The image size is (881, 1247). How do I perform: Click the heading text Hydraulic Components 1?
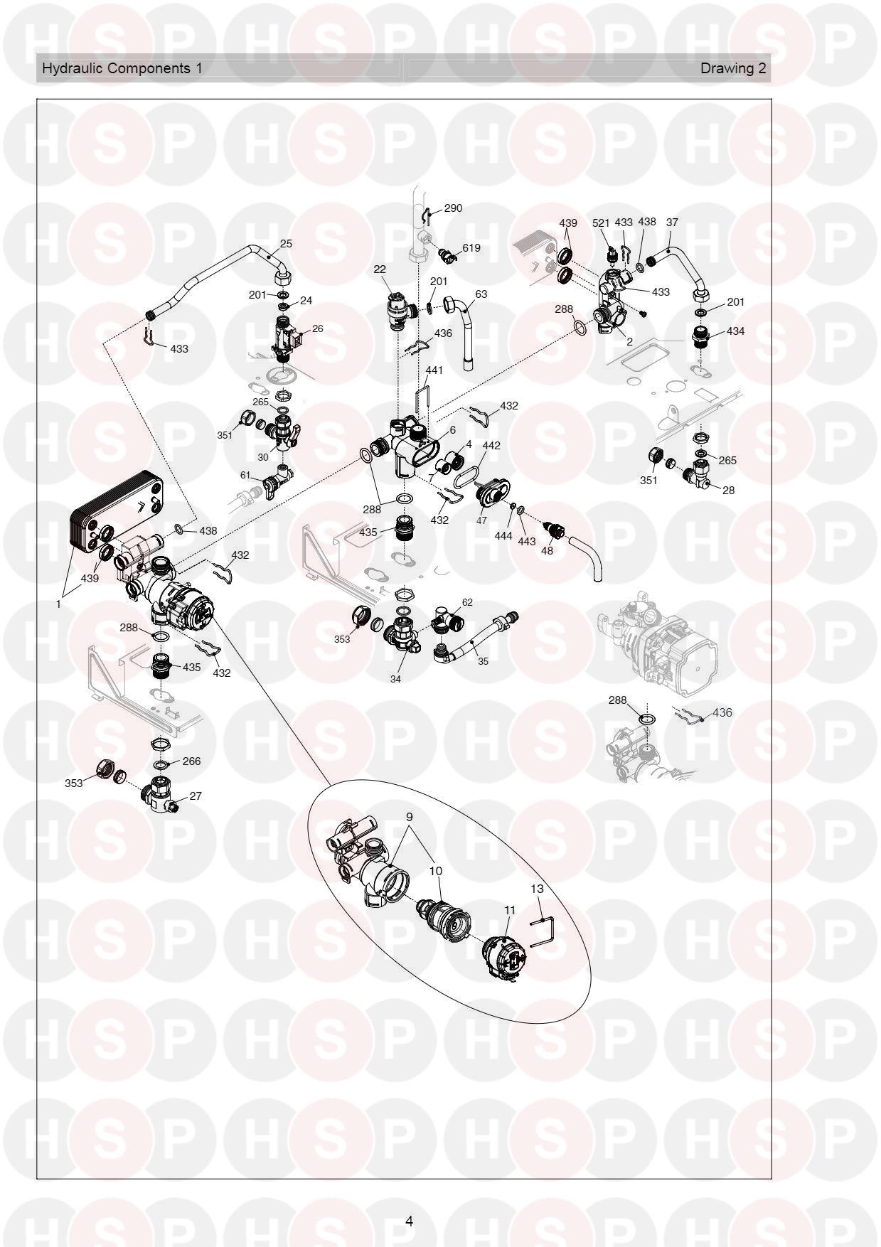point(122,68)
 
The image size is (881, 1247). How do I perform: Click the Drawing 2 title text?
point(733,68)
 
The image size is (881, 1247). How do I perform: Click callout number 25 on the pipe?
point(286,243)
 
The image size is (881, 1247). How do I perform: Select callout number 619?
point(471,248)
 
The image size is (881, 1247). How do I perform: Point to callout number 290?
point(453,208)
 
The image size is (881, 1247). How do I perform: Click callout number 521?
point(602,223)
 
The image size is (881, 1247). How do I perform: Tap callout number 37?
point(672,222)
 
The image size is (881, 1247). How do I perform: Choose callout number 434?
point(735,331)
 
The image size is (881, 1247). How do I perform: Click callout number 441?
point(434,370)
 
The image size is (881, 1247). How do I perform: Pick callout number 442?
point(491,446)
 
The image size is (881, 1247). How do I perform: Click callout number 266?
point(191,761)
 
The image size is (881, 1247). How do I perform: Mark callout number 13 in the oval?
point(537,889)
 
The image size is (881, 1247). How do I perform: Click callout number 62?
point(467,602)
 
